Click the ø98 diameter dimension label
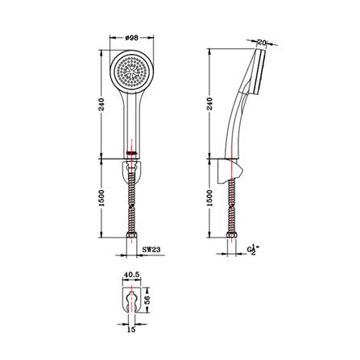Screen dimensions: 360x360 coord(132,38)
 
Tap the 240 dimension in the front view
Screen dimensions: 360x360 coord(101,105)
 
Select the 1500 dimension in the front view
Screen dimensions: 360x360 coord(101,198)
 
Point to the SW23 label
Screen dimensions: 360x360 coord(151,250)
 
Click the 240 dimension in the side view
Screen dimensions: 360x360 coord(210,104)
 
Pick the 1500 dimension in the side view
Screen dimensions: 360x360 coord(210,198)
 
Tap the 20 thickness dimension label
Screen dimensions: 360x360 coord(262,42)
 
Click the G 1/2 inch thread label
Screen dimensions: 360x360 coord(253,250)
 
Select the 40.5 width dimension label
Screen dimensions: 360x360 coord(131,275)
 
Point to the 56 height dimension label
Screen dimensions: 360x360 coord(147,300)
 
